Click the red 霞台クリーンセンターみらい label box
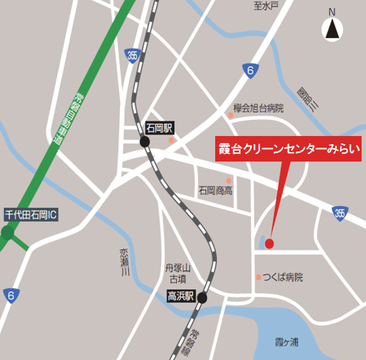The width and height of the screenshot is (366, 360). pyautogui.click(x=289, y=149)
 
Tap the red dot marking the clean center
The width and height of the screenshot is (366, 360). pyautogui.click(x=269, y=243)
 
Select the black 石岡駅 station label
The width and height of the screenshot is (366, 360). pyautogui.click(x=160, y=128)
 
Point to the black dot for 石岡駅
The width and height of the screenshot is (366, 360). pyautogui.click(x=145, y=141)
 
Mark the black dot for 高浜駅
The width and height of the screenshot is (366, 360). pyautogui.click(x=201, y=297)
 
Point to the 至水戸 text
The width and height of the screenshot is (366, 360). pyautogui.click(x=266, y=7)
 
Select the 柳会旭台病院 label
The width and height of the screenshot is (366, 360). pyautogui.click(x=258, y=108)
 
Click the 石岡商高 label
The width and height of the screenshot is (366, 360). pyautogui.click(x=214, y=191)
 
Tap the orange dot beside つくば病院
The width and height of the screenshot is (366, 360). pyautogui.click(x=258, y=277)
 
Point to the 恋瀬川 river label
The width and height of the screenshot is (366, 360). pyautogui.click(x=125, y=262)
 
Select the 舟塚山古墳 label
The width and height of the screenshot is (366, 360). pyautogui.click(x=177, y=273)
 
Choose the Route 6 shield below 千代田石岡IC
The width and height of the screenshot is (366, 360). pyautogui.click(x=10, y=295)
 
